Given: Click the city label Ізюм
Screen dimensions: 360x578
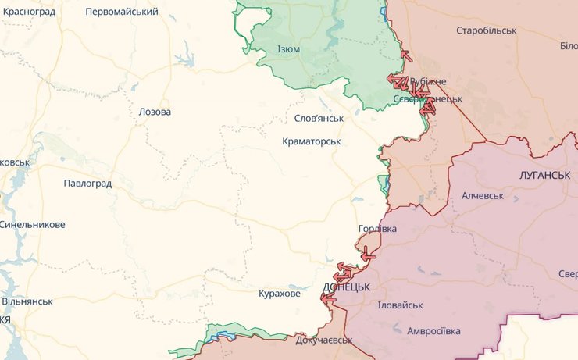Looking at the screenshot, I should (288, 49).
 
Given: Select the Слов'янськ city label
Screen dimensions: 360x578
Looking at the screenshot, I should (319, 118).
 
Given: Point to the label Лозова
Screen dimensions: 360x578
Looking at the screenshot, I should (155, 112).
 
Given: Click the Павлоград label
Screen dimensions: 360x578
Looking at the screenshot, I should (87, 184).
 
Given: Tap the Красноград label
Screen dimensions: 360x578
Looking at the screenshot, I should (28, 12).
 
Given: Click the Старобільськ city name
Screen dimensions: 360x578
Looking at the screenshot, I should (487, 30).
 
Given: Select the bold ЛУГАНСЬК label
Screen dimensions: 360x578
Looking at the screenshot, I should (544, 174).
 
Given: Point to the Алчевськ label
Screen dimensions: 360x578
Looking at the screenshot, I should (483, 195).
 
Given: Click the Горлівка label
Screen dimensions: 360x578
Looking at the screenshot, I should (377, 229).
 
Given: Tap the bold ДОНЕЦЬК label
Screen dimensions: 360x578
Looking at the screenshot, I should (347, 287).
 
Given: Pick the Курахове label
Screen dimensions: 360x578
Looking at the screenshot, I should (279, 294).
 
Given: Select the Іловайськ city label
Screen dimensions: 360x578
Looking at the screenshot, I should (400, 305).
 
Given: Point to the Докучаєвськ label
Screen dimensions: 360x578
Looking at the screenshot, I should (323, 340).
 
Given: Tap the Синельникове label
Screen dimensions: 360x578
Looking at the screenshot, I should (32, 224).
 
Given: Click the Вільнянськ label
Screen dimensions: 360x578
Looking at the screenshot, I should (27, 301).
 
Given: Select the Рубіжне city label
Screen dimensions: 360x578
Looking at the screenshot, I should (428, 82).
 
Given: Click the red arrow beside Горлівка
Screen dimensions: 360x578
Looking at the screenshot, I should (366, 254).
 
